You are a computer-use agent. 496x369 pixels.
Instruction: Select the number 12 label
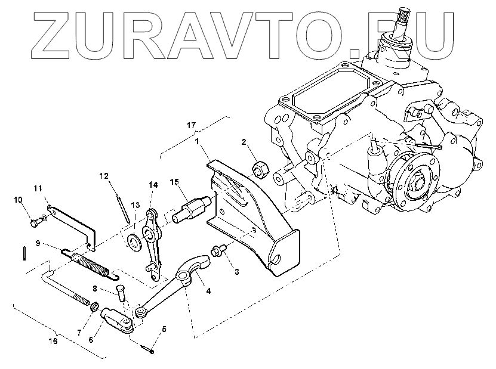104,176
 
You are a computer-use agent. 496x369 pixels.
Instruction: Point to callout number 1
196,142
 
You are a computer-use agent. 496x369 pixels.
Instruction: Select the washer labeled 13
134,240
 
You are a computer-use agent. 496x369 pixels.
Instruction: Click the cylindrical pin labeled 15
192,208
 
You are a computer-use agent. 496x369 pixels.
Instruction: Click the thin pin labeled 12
123,208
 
